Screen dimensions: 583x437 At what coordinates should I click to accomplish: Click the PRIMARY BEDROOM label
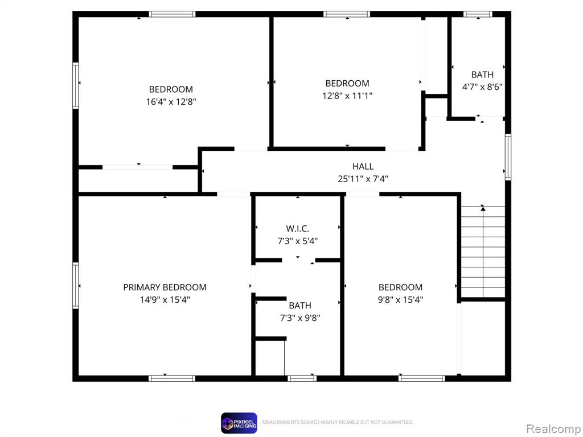click(165, 287)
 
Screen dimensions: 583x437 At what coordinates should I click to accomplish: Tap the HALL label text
click(363, 167)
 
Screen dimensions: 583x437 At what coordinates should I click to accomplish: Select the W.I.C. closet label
click(297, 229)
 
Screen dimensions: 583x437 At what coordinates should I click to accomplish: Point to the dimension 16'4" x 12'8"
click(171, 101)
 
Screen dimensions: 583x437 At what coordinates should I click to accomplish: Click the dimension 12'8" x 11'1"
click(347, 96)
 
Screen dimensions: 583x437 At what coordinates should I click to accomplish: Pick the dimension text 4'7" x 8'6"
click(482, 87)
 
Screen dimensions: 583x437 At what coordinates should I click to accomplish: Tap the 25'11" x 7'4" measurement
click(363, 179)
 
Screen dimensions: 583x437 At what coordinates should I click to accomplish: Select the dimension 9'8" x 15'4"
click(400, 299)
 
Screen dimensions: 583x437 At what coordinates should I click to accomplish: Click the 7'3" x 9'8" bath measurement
click(300, 318)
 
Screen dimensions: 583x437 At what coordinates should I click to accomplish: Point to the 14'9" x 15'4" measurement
click(165, 299)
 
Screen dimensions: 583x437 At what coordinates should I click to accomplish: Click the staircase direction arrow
click(483, 252)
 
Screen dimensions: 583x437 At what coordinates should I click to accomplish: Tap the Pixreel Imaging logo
click(239, 423)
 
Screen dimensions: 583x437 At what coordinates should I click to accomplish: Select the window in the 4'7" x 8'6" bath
click(478, 14)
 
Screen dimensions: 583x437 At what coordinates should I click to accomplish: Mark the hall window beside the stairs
click(508, 158)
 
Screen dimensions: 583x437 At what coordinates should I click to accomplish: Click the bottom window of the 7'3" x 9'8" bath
click(302, 378)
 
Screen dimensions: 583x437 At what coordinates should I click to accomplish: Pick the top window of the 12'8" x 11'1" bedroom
click(347, 14)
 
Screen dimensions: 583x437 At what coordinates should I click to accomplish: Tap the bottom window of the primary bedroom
click(172, 378)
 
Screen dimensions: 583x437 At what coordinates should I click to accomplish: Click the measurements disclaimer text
click(338, 423)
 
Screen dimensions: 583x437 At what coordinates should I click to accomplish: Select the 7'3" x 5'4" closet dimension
click(297, 241)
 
